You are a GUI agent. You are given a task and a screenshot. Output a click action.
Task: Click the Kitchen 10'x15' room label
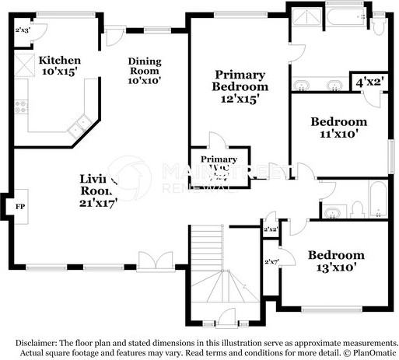pos(59,65)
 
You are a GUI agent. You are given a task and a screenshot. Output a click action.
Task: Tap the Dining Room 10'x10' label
pos(145,71)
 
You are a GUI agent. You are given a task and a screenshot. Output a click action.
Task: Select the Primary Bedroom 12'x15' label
pos(241,86)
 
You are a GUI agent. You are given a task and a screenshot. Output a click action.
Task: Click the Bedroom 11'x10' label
pos(338,128)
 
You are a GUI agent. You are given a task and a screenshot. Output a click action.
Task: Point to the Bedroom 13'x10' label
pos(335,261)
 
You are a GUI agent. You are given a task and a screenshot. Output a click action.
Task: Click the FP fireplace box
pos(20,207)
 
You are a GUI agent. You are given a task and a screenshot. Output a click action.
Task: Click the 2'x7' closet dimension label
pos(271,262)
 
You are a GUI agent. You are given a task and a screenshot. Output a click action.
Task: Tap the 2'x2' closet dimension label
pos(271,230)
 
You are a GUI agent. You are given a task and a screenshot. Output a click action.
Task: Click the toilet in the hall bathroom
pos(357,208)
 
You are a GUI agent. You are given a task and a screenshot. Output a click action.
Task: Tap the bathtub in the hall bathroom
pos(376,200)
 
